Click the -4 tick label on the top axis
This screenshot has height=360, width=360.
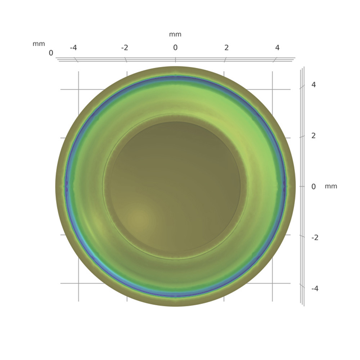(x=73, y=48)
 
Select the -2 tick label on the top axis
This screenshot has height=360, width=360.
(x=125, y=48)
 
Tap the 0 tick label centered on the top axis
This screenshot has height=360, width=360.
(x=175, y=48)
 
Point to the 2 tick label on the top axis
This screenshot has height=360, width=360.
(x=226, y=48)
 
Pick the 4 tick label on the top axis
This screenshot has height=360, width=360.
(x=277, y=48)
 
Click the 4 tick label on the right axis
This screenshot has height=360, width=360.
(x=314, y=85)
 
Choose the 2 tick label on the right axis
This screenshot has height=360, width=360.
(x=314, y=136)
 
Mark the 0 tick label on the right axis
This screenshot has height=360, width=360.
(x=314, y=186)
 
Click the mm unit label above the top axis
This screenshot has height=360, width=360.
(x=175, y=35)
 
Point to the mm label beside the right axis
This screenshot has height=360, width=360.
(x=331, y=186)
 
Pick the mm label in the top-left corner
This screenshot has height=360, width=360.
(x=39, y=44)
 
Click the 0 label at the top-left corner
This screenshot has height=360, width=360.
(x=51, y=53)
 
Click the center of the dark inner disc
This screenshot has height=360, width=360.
(x=175, y=186)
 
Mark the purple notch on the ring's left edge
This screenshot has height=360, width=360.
(x=66, y=186)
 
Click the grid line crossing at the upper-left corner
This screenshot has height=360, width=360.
(x=78, y=89)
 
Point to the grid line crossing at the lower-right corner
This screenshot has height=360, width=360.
(x=272, y=283)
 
